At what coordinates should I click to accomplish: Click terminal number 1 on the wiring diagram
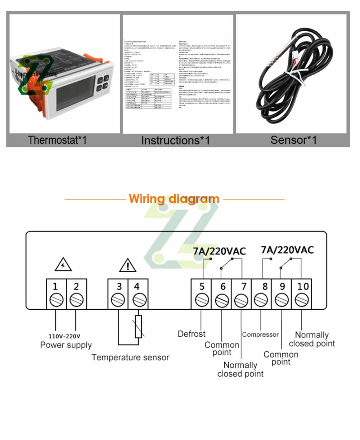(x=56, y=294)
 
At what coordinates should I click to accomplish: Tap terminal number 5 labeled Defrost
(x=202, y=294)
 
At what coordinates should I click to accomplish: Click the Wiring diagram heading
(x=174, y=198)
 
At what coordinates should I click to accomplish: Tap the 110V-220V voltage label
(x=65, y=336)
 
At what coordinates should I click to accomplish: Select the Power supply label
(x=66, y=345)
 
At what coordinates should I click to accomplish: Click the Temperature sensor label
(x=130, y=357)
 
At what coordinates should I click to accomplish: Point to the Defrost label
(x=192, y=334)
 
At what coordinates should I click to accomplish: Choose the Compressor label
(x=260, y=335)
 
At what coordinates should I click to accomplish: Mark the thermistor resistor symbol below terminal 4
(x=139, y=326)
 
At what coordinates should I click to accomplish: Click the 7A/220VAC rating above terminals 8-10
(x=287, y=250)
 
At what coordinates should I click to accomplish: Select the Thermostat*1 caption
(x=58, y=140)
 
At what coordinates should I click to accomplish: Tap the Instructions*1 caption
(x=175, y=140)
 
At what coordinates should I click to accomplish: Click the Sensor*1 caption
(x=293, y=140)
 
